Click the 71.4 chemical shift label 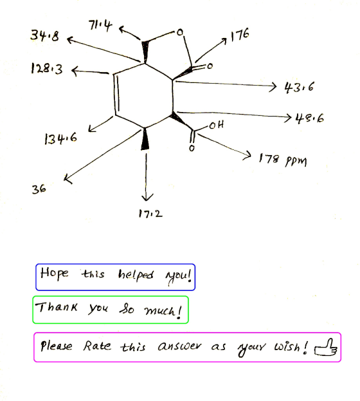(x=100, y=26)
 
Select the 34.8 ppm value (x=45, y=35)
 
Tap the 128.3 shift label (x=47, y=68)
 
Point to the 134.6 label (x=60, y=138)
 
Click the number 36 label (x=39, y=189)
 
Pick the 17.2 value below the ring (x=150, y=213)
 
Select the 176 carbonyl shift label (x=240, y=35)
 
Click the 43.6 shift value (x=299, y=88)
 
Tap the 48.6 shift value (x=309, y=118)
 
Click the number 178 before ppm (x=269, y=158)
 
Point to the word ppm (x=296, y=162)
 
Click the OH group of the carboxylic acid (x=217, y=125)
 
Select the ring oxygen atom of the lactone (x=180, y=32)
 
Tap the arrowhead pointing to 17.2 (x=147, y=198)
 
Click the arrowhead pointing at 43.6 (x=273, y=87)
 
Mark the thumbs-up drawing (x=326, y=348)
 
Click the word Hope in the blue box (x=55, y=274)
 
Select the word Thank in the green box (x=56, y=307)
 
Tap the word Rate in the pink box (x=97, y=346)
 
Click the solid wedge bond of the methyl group (x=145, y=140)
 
